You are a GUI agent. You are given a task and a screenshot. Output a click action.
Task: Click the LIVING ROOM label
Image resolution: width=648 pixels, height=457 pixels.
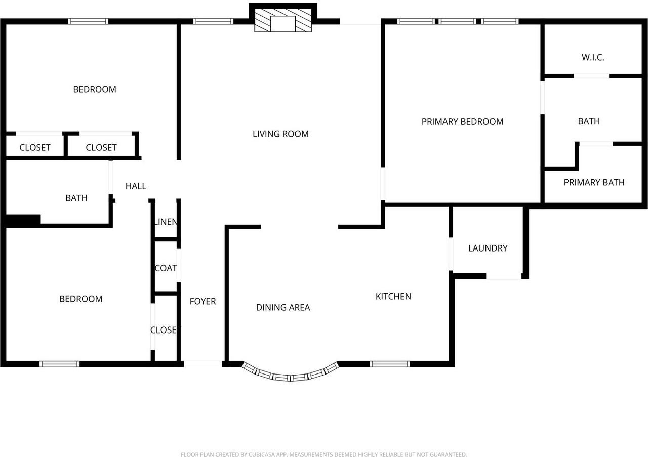point(280,134)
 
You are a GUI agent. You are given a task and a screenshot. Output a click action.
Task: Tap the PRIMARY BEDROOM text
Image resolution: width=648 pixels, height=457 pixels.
point(462,122)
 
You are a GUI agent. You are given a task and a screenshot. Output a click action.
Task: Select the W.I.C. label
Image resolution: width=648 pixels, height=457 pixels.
point(593,57)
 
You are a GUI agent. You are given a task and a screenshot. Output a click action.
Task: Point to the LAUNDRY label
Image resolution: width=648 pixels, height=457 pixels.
point(488,248)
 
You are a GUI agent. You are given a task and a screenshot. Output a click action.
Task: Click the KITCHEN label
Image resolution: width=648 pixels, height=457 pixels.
point(393,296)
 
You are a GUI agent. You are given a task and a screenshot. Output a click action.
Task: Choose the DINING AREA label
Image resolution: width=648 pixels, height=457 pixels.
point(283,307)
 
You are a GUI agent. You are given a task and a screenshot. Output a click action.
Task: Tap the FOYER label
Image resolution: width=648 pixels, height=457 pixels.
point(202,302)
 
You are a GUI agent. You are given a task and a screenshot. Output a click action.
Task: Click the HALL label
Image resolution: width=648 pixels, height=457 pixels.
point(136,186)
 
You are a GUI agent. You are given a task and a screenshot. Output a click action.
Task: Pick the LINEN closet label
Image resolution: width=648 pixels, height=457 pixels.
point(166,222)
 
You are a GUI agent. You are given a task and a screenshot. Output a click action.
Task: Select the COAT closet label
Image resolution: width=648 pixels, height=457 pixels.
point(166,268)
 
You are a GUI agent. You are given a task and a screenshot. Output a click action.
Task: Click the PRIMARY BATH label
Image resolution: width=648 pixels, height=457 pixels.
point(594,183)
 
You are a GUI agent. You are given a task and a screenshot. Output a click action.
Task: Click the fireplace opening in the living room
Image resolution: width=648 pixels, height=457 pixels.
point(283,24)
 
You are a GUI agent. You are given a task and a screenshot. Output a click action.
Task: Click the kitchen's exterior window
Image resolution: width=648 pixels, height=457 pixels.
point(390,364)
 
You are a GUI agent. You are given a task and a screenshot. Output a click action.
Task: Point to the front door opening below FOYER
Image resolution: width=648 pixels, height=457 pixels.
point(203,364)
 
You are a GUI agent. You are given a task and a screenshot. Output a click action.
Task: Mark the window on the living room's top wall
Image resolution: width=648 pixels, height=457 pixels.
point(213,21)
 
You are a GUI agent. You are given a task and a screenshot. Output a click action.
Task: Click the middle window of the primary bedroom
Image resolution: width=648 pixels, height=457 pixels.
point(457,21)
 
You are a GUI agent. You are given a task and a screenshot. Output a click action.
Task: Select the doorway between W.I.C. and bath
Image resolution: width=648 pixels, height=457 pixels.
point(592,76)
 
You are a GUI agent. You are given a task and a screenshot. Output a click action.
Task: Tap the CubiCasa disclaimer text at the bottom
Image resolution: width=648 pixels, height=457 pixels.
point(323,454)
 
